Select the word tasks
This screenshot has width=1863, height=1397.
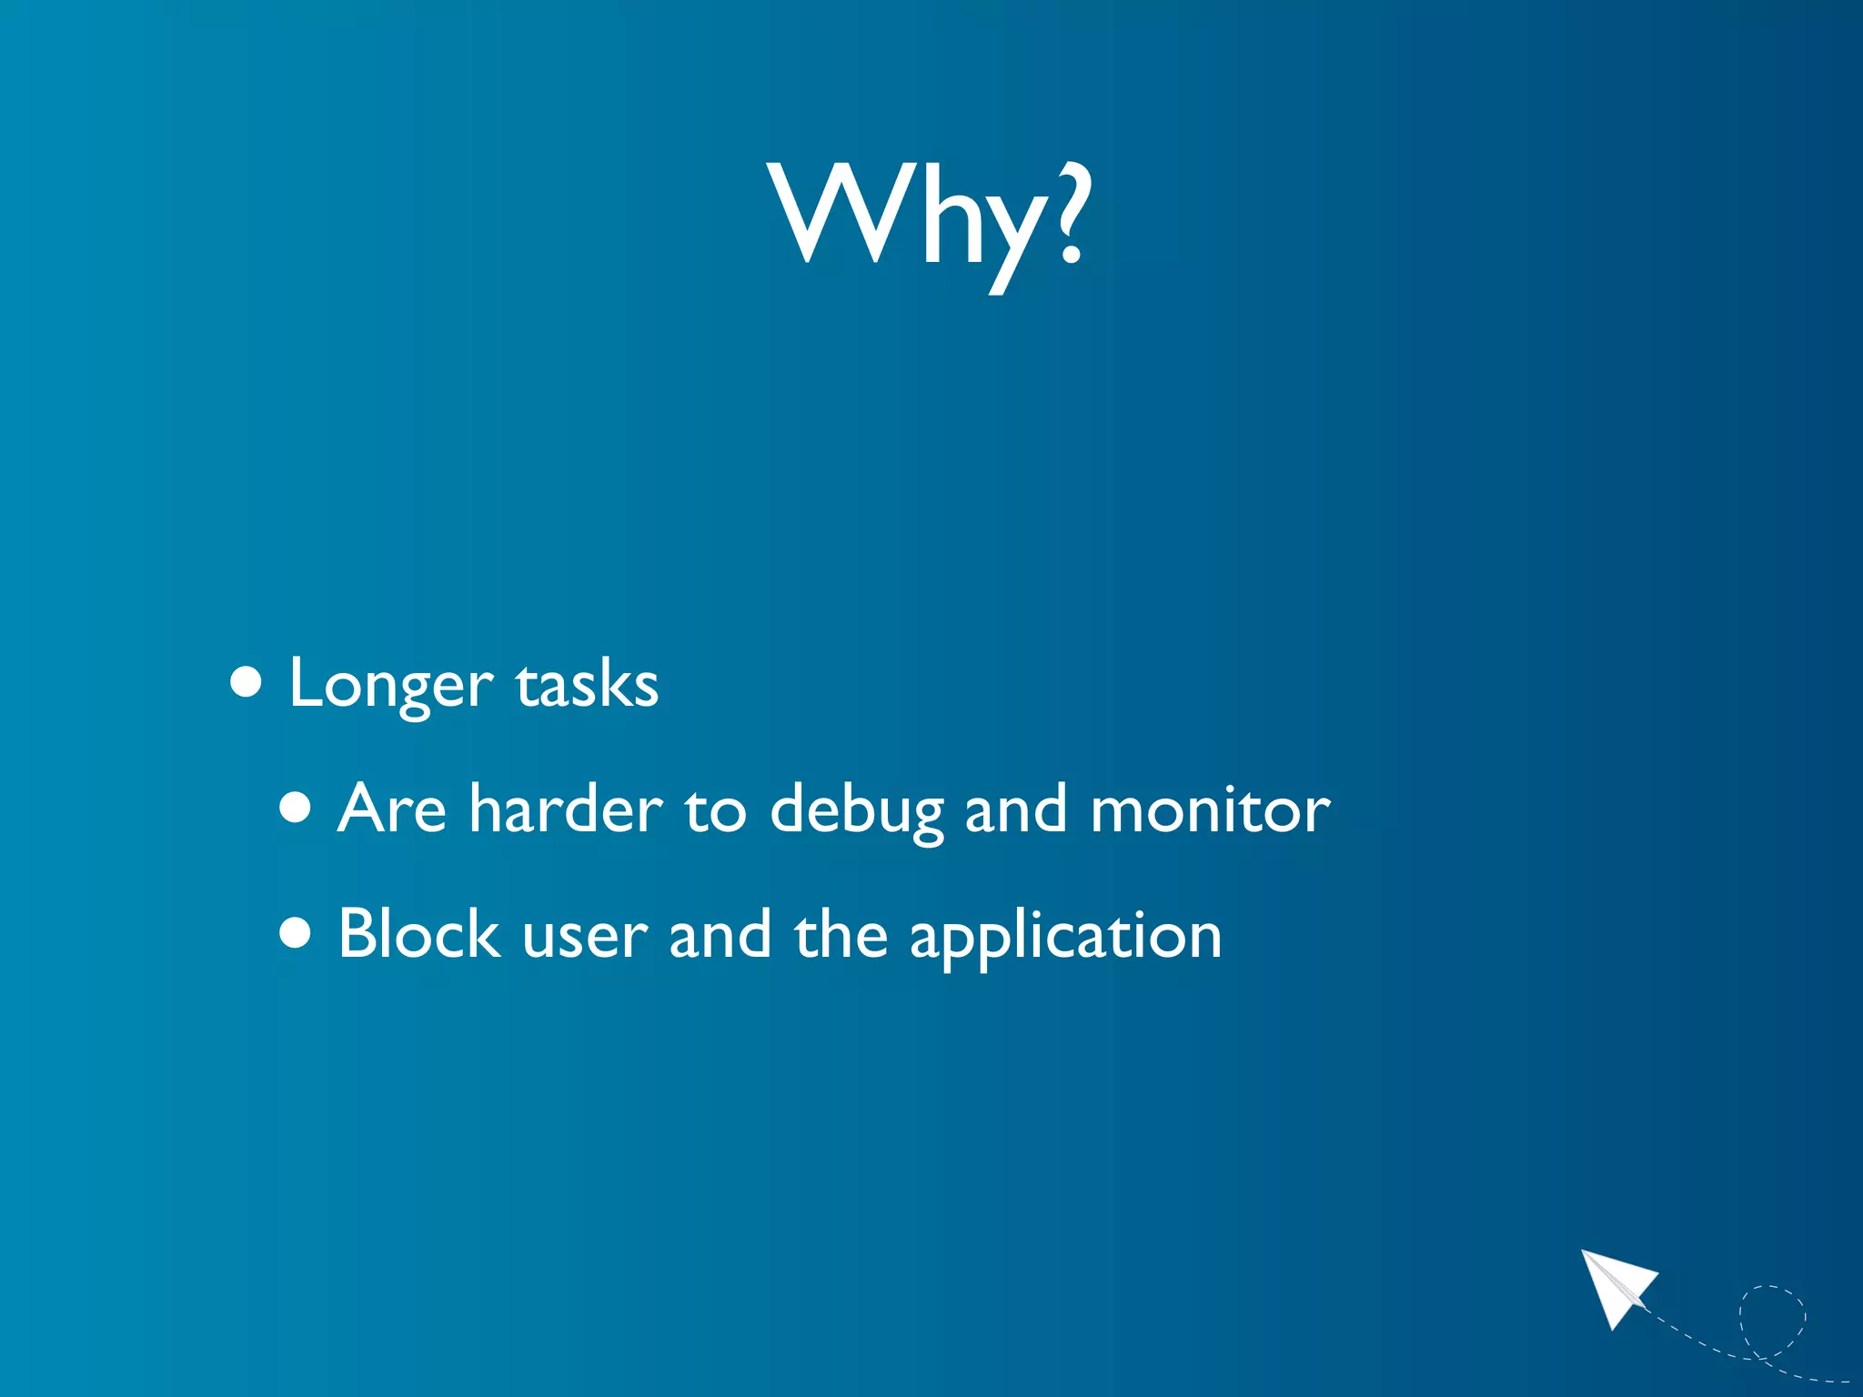(x=587, y=684)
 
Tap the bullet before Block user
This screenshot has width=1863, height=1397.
(x=296, y=931)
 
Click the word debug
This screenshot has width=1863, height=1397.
(x=857, y=809)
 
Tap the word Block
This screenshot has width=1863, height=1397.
(x=418, y=933)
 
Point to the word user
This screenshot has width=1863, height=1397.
(x=585, y=937)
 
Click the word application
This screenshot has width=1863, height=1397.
(x=1065, y=937)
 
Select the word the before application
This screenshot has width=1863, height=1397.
(x=841, y=933)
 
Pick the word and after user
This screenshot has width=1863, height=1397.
(x=720, y=933)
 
